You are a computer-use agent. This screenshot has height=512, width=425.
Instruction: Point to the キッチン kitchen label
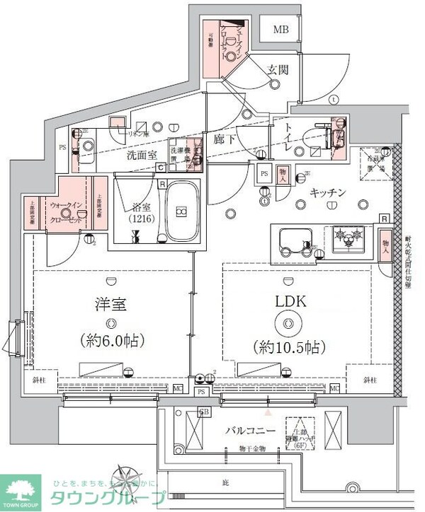(326, 192)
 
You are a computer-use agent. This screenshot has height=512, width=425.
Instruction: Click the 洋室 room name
(110, 305)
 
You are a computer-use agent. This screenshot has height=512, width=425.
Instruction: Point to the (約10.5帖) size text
(288, 347)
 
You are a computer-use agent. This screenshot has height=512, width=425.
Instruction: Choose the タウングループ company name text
(106, 496)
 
